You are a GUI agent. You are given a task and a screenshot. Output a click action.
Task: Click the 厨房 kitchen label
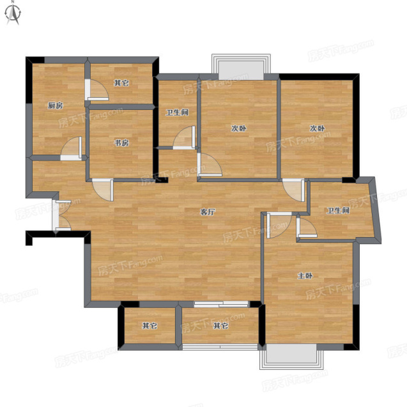(x=56, y=105)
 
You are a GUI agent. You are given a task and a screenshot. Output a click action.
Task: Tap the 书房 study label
(x=122, y=142)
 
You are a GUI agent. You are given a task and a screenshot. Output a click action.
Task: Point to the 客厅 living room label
(x=208, y=212)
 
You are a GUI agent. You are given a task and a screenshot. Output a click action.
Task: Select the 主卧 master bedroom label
(x=305, y=275)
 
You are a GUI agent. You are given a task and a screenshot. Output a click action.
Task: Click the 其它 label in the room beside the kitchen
(x=121, y=83)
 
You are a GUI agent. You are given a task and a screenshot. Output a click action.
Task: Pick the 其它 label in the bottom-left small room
(x=150, y=325)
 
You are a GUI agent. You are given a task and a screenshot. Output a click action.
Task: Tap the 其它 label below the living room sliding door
(x=220, y=325)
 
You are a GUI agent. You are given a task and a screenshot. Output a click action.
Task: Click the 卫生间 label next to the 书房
(x=177, y=112)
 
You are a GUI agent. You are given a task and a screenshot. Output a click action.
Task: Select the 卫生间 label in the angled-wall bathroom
(x=338, y=210)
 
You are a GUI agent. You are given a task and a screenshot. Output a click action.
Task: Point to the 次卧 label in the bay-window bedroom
(x=238, y=128)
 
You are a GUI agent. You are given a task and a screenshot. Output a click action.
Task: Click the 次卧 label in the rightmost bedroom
(x=317, y=128)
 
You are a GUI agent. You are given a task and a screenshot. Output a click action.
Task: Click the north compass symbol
(x=13, y=13)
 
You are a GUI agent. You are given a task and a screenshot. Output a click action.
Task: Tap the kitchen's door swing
(x=72, y=148)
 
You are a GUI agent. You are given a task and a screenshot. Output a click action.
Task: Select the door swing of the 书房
(x=103, y=190)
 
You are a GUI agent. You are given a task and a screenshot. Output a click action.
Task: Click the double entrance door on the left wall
(x=61, y=215)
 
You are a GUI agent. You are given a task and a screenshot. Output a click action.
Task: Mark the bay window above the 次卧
(x=241, y=67)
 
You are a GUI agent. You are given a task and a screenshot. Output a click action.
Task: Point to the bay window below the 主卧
(x=292, y=357)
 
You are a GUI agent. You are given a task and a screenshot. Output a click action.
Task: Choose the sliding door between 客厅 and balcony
(x=222, y=304)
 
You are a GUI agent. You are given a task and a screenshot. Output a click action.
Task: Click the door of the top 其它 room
(x=96, y=90)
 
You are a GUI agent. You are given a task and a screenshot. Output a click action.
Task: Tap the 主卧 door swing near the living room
(x=279, y=225)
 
